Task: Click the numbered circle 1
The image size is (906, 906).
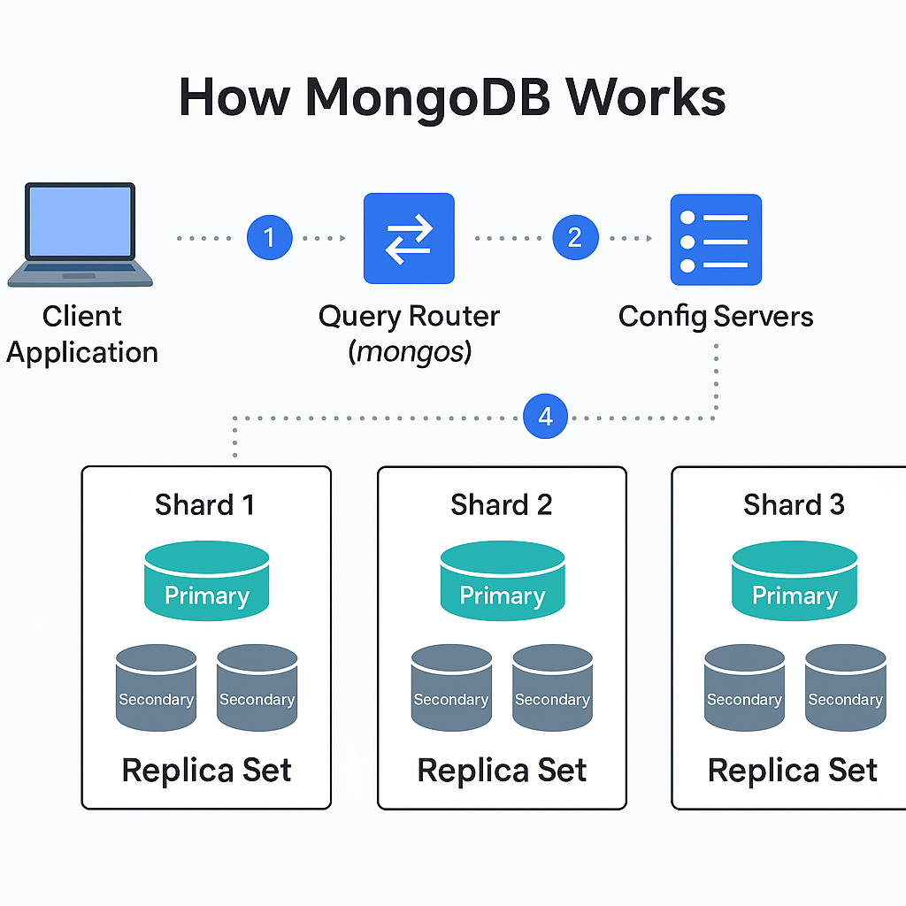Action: click(x=269, y=237)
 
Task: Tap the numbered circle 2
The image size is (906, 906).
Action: click(x=575, y=237)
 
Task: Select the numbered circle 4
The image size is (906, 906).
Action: click(x=545, y=416)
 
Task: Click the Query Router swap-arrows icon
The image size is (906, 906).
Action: click(x=409, y=238)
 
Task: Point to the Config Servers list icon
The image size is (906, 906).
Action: click(x=716, y=239)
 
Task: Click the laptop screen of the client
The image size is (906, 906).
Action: click(x=80, y=221)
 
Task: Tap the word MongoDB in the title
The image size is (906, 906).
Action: click(x=427, y=99)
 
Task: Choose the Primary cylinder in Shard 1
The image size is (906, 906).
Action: click(x=207, y=580)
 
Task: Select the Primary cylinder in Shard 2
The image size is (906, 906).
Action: click(x=503, y=580)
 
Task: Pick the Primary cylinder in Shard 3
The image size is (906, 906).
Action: click(x=795, y=580)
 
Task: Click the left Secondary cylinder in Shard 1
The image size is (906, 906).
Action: click(x=156, y=687)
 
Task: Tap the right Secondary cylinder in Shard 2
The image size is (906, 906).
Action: click(x=552, y=687)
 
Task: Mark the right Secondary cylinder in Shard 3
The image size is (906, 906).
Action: click(x=845, y=687)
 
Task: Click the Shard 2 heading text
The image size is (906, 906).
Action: click(x=502, y=505)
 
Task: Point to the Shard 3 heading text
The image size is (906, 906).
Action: click(x=794, y=505)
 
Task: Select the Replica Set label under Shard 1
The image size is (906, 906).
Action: click(x=207, y=771)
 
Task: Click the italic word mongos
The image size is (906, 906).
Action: click(x=411, y=351)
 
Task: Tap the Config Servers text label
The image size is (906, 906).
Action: click(x=716, y=317)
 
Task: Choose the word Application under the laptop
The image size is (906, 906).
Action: click(x=82, y=353)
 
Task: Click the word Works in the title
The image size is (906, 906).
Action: click(x=645, y=97)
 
